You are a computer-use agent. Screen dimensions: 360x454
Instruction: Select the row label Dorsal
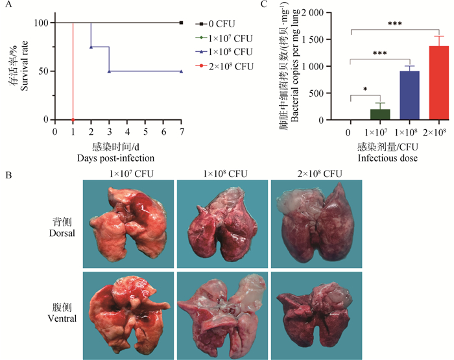pos(62,232)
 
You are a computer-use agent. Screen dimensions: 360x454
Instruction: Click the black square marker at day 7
pos(182,23)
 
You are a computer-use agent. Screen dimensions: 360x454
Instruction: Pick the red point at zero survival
pos(73,120)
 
